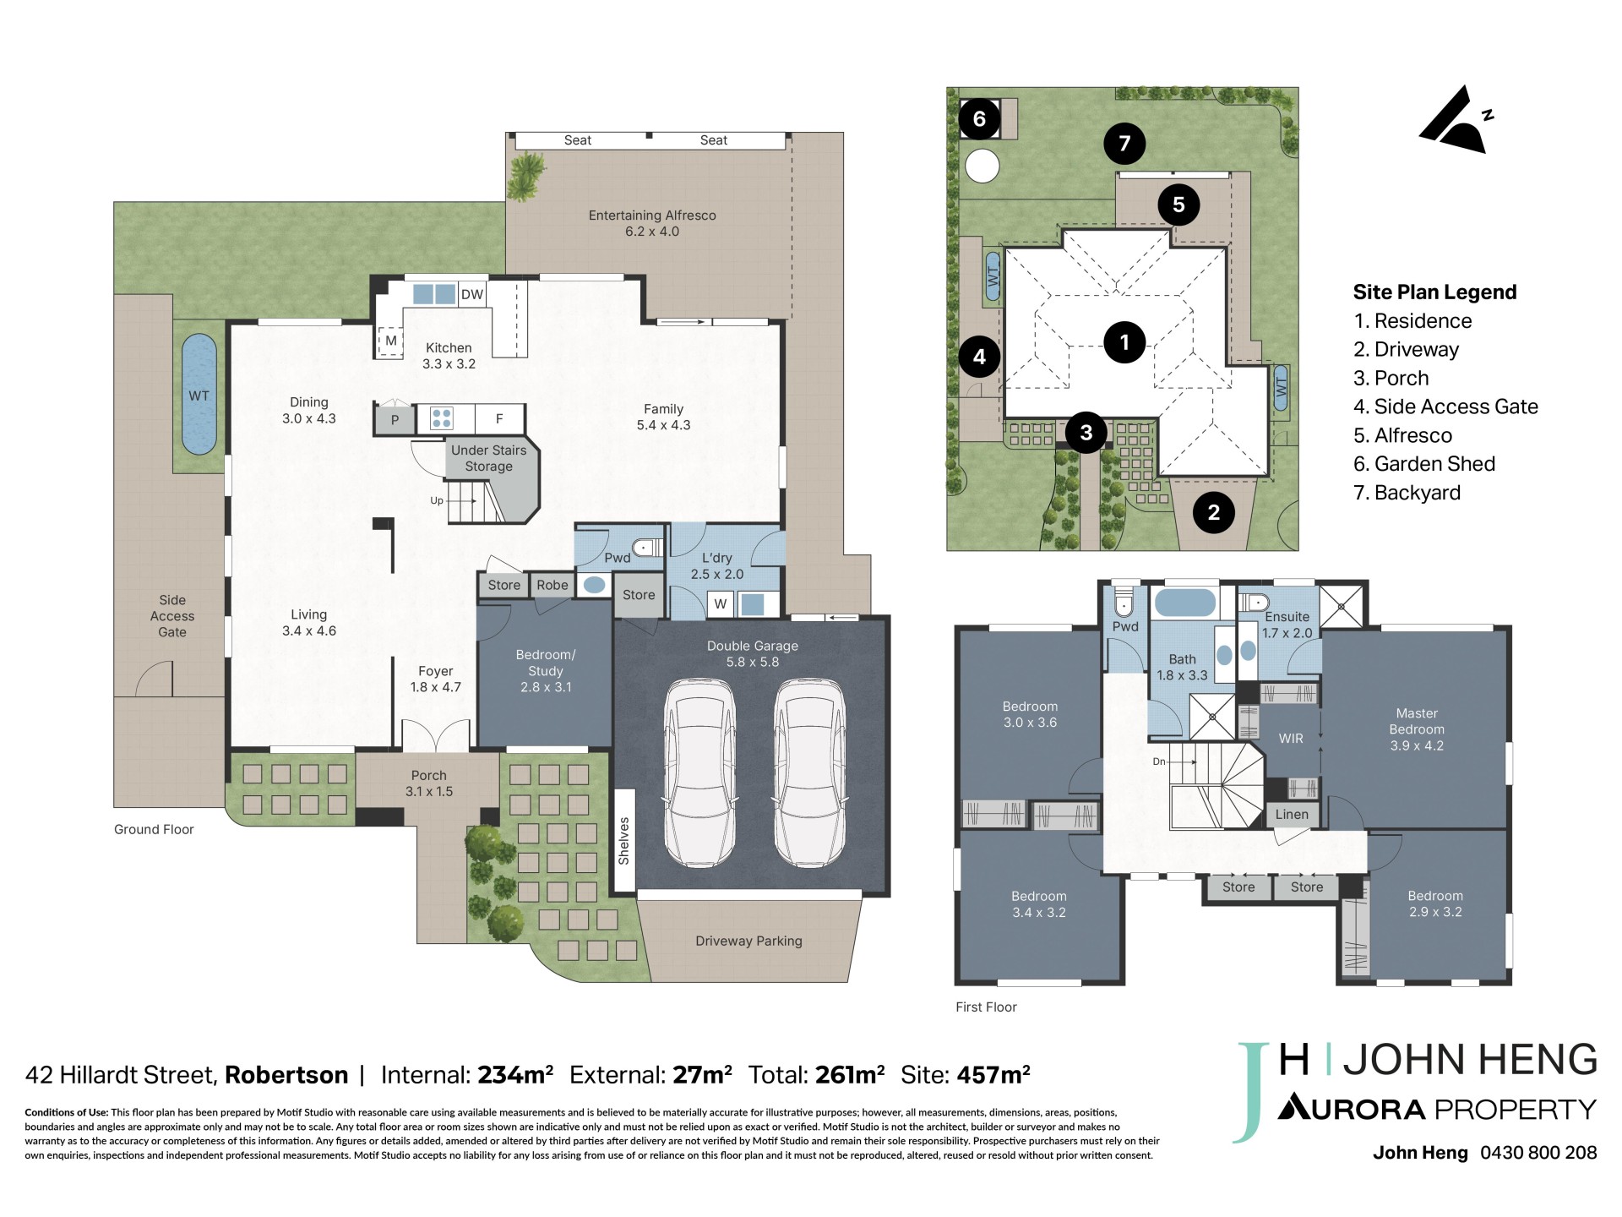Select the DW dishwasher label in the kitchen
point(472,294)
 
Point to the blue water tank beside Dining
point(199,395)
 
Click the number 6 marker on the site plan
point(979,119)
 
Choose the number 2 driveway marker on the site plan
point(1214,512)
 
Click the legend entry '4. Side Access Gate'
point(1445,407)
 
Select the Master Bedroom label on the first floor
point(1417,729)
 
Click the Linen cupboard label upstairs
point(1292,815)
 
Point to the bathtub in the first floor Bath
point(1184,603)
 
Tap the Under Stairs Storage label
point(488,458)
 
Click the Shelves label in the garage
point(623,841)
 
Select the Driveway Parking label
point(748,941)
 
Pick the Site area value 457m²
point(993,1075)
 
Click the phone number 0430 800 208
point(1538,1153)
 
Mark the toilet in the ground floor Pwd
point(647,548)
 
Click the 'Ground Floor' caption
point(154,830)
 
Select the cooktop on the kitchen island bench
point(441,418)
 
